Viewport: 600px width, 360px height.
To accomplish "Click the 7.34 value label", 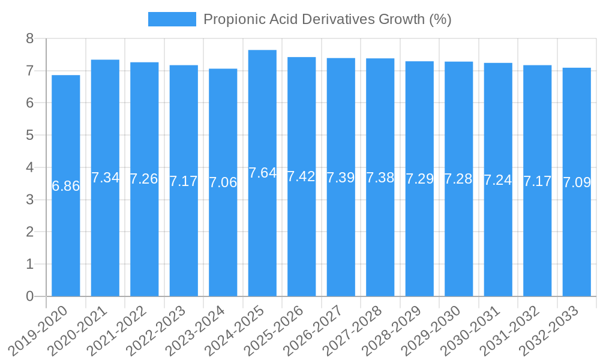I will [x=105, y=178].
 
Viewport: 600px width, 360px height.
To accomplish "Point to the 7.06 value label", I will [x=223, y=182].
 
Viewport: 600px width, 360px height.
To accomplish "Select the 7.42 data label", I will [x=301, y=176].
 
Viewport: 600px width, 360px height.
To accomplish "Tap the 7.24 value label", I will [x=498, y=180].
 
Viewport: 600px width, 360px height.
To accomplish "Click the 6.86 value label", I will [x=66, y=186].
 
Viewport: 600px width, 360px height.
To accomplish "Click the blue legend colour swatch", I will [x=172, y=19].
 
